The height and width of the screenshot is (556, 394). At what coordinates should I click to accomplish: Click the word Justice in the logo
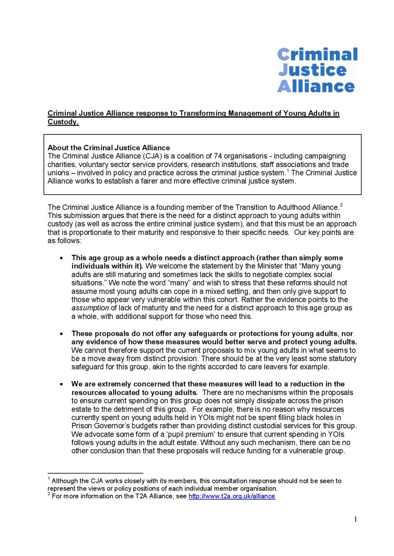(x=312, y=70)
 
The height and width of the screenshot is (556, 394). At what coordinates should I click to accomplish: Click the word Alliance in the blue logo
(x=316, y=86)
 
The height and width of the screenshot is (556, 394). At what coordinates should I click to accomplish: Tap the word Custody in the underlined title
(x=63, y=122)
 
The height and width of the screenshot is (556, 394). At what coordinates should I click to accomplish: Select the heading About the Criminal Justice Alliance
(x=109, y=148)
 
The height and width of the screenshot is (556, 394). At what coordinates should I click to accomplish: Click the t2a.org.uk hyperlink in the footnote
(x=232, y=496)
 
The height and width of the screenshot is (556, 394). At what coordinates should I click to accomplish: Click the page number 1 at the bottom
(x=355, y=519)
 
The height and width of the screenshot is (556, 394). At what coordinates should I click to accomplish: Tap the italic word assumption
(x=90, y=308)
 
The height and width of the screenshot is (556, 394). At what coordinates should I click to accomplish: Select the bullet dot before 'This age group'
(x=61, y=258)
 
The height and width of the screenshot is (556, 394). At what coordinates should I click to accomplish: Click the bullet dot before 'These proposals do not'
(x=61, y=334)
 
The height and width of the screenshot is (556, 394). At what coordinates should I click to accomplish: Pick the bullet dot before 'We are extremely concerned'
(x=61, y=384)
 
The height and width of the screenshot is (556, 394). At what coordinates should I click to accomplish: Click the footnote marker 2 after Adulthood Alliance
(x=341, y=205)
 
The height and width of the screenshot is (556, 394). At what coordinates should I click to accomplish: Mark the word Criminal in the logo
(x=318, y=54)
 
